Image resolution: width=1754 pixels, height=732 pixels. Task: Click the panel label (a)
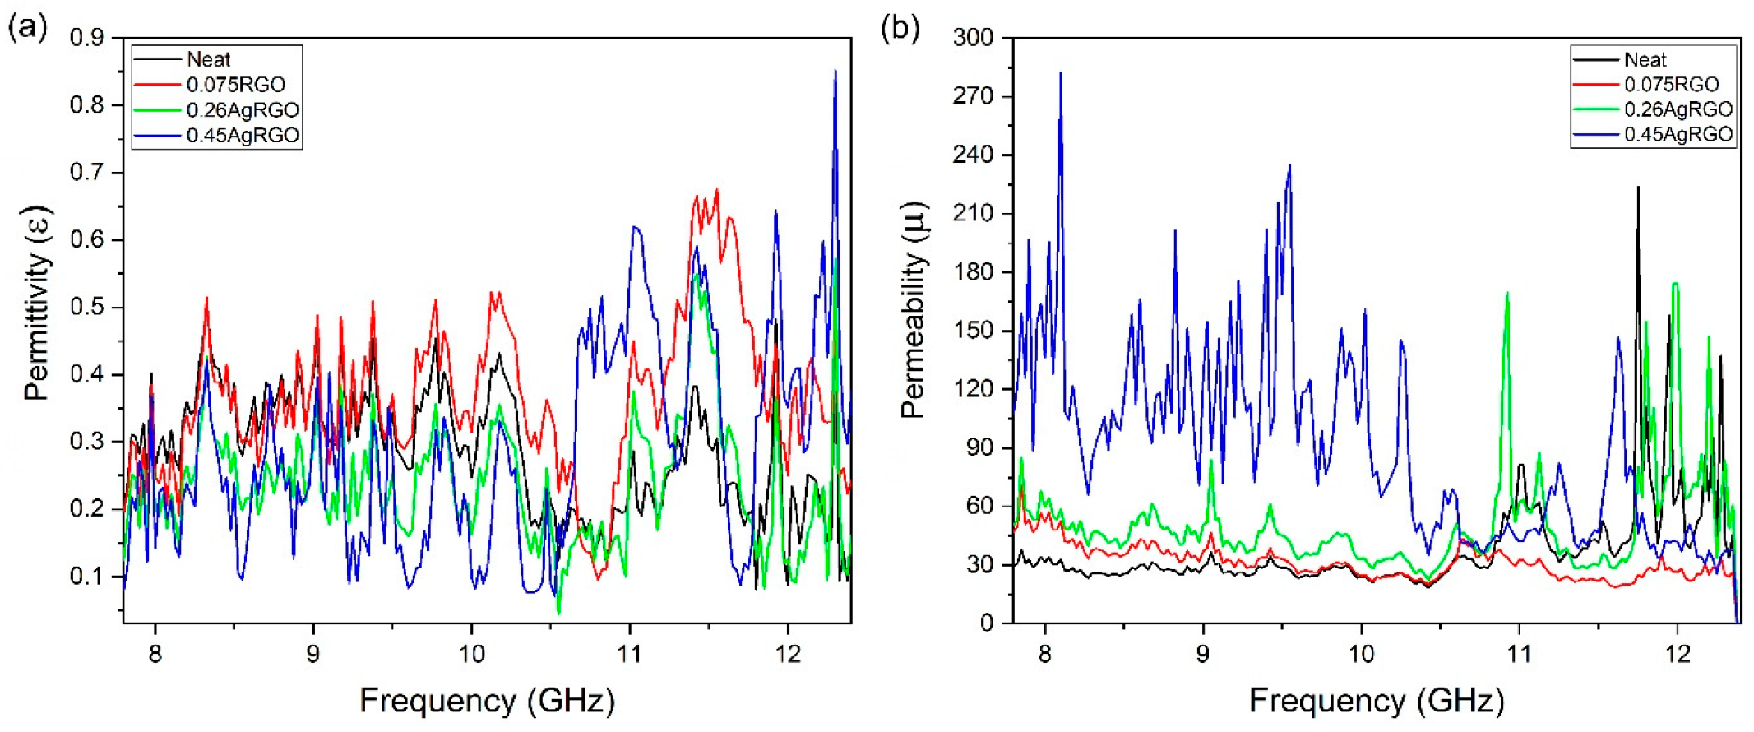(26, 28)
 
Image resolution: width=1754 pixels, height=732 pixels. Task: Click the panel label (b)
(899, 28)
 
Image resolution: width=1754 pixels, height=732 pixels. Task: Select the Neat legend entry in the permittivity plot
(209, 59)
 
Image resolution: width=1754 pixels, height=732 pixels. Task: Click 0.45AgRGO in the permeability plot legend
(1678, 134)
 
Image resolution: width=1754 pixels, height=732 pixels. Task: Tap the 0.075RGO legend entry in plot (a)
(236, 84)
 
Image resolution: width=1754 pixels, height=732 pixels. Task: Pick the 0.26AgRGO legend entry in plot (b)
(1678, 109)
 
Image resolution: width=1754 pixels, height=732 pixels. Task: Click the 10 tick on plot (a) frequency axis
(471, 655)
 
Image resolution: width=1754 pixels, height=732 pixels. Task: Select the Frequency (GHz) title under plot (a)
(487, 701)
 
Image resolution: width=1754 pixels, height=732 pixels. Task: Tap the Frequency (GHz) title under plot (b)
(1376, 701)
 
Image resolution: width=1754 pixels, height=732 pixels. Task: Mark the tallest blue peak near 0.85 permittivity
(835, 72)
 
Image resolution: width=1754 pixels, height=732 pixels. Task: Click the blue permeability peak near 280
(1061, 74)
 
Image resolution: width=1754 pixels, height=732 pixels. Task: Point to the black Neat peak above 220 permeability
(1638, 189)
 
